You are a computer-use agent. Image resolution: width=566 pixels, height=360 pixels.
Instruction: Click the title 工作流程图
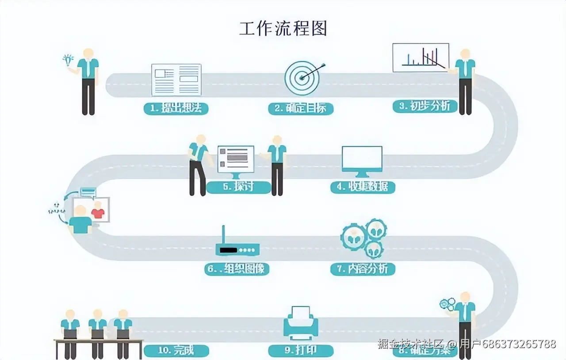click(x=283, y=28)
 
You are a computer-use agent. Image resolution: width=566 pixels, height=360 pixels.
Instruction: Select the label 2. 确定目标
click(x=301, y=108)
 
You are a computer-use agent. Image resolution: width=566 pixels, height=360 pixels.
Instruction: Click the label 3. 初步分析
click(x=425, y=106)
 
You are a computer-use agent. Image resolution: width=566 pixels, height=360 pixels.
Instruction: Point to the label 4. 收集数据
click(x=363, y=187)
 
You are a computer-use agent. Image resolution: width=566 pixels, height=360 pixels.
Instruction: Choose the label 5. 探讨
click(x=238, y=187)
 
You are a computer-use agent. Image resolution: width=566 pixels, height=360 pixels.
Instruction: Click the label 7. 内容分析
click(x=363, y=268)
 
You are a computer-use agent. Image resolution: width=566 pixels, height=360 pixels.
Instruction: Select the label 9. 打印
click(x=301, y=350)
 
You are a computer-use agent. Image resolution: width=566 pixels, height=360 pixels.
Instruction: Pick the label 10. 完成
click(x=176, y=350)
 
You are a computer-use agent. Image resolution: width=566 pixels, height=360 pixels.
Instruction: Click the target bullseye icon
click(x=302, y=78)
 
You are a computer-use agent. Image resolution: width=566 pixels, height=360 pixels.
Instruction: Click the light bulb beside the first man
click(x=67, y=60)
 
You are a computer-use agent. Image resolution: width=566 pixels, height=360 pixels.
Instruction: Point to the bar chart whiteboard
click(x=421, y=57)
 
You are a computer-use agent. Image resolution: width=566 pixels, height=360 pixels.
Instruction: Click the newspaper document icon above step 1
click(x=176, y=80)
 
